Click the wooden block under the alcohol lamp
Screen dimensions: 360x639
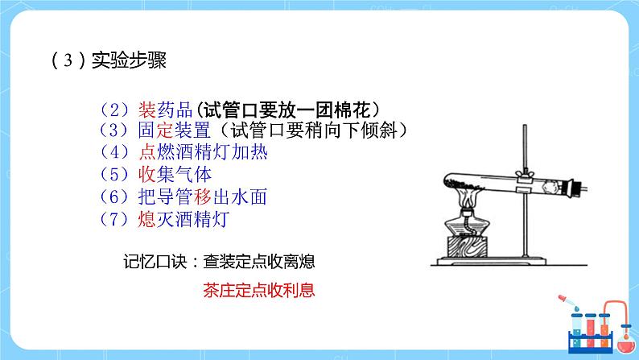pyautogui.click(x=466, y=246)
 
